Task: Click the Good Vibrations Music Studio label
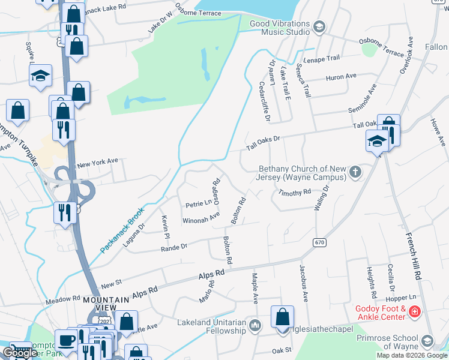tap(280, 29)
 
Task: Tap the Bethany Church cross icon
tap(355, 173)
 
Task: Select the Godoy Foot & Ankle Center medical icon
tap(415, 312)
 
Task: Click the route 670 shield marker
tap(319, 242)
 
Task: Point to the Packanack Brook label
tap(122, 230)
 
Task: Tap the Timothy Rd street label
tap(294, 192)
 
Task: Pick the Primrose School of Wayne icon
tap(427, 341)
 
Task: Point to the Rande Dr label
tap(175, 246)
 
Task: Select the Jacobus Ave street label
tap(301, 282)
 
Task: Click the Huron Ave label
tap(340, 77)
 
